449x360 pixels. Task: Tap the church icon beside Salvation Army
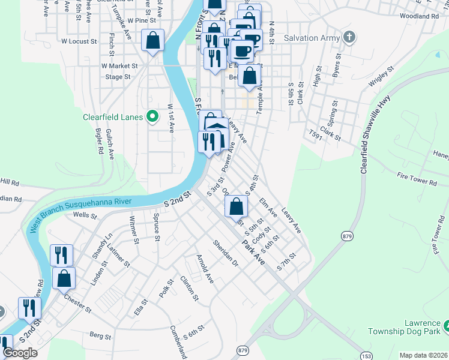tap(348, 38)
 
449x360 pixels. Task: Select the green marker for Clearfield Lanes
tap(153, 116)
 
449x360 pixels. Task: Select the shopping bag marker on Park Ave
tap(237, 206)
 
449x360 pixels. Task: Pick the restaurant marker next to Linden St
tap(61, 255)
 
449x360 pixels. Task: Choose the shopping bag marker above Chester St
tap(64, 278)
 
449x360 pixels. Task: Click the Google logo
tap(20, 353)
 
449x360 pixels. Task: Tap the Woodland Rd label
tap(418, 16)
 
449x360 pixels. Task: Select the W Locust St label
tap(79, 41)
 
